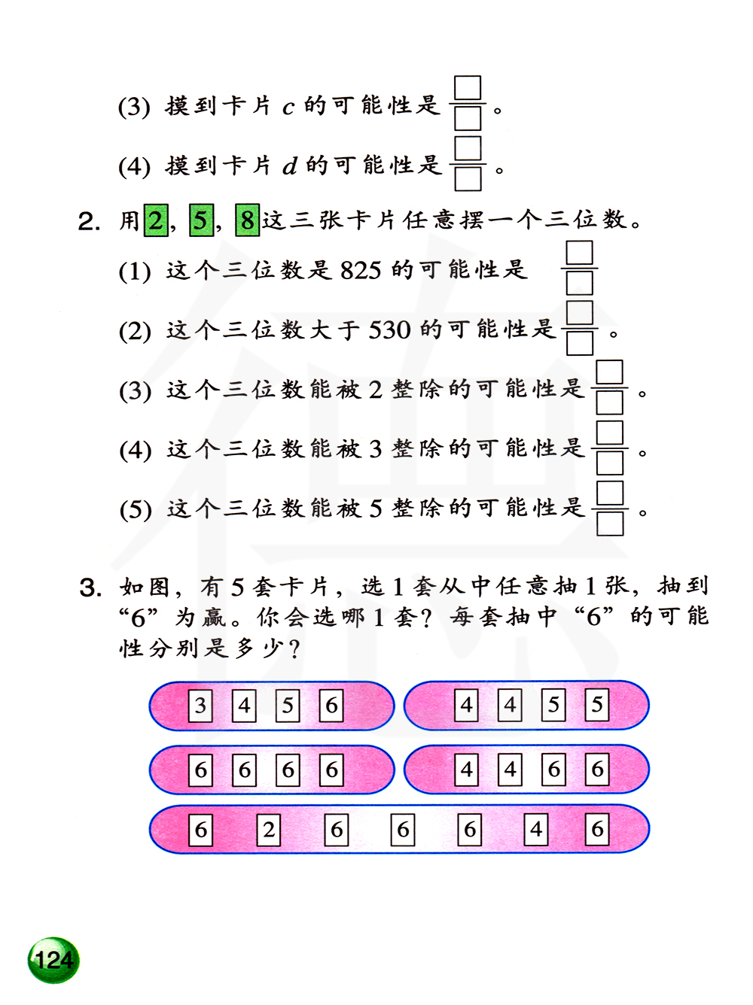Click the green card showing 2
(156, 220)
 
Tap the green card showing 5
(201, 220)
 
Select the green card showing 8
(247, 220)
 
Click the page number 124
(53, 960)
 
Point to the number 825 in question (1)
(361, 270)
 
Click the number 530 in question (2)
(389, 329)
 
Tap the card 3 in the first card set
(200, 706)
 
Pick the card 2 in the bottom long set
(269, 830)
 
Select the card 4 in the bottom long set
(536, 830)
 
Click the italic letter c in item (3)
(288, 108)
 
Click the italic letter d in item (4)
(289, 165)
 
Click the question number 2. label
(89, 221)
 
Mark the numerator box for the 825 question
(580, 253)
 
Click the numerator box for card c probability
(468, 88)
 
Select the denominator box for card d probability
(468, 178)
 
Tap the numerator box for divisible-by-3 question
(610, 433)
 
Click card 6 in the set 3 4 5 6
(331, 706)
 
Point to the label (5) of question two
(136, 510)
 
